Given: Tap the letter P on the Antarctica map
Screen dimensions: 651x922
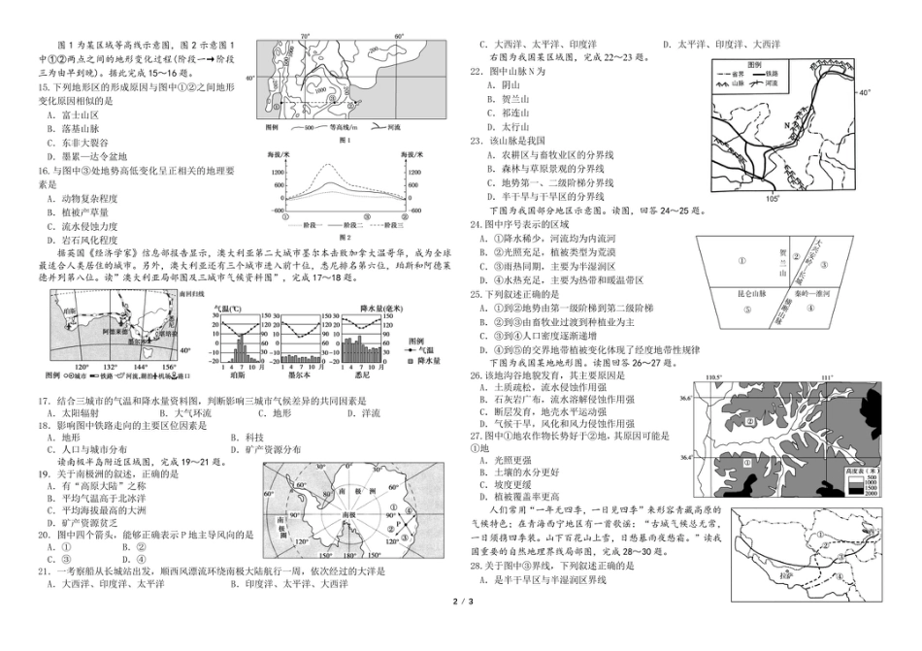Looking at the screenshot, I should point(397,524).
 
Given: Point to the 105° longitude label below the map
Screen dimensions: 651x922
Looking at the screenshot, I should point(773,199).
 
